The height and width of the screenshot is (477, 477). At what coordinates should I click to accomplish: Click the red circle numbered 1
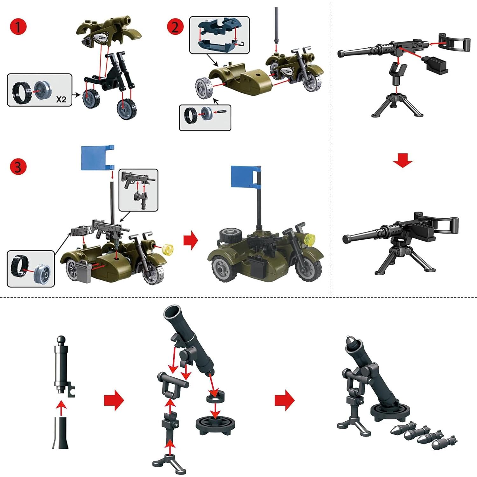(18, 27)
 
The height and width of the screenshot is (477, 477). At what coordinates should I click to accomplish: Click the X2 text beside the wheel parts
(61, 99)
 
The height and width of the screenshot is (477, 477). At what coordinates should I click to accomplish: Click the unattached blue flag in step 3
(97, 158)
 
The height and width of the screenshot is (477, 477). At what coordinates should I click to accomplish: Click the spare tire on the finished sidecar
(228, 235)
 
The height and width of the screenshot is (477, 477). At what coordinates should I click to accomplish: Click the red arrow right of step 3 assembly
(191, 241)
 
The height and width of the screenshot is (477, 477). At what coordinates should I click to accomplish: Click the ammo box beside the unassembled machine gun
(434, 63)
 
